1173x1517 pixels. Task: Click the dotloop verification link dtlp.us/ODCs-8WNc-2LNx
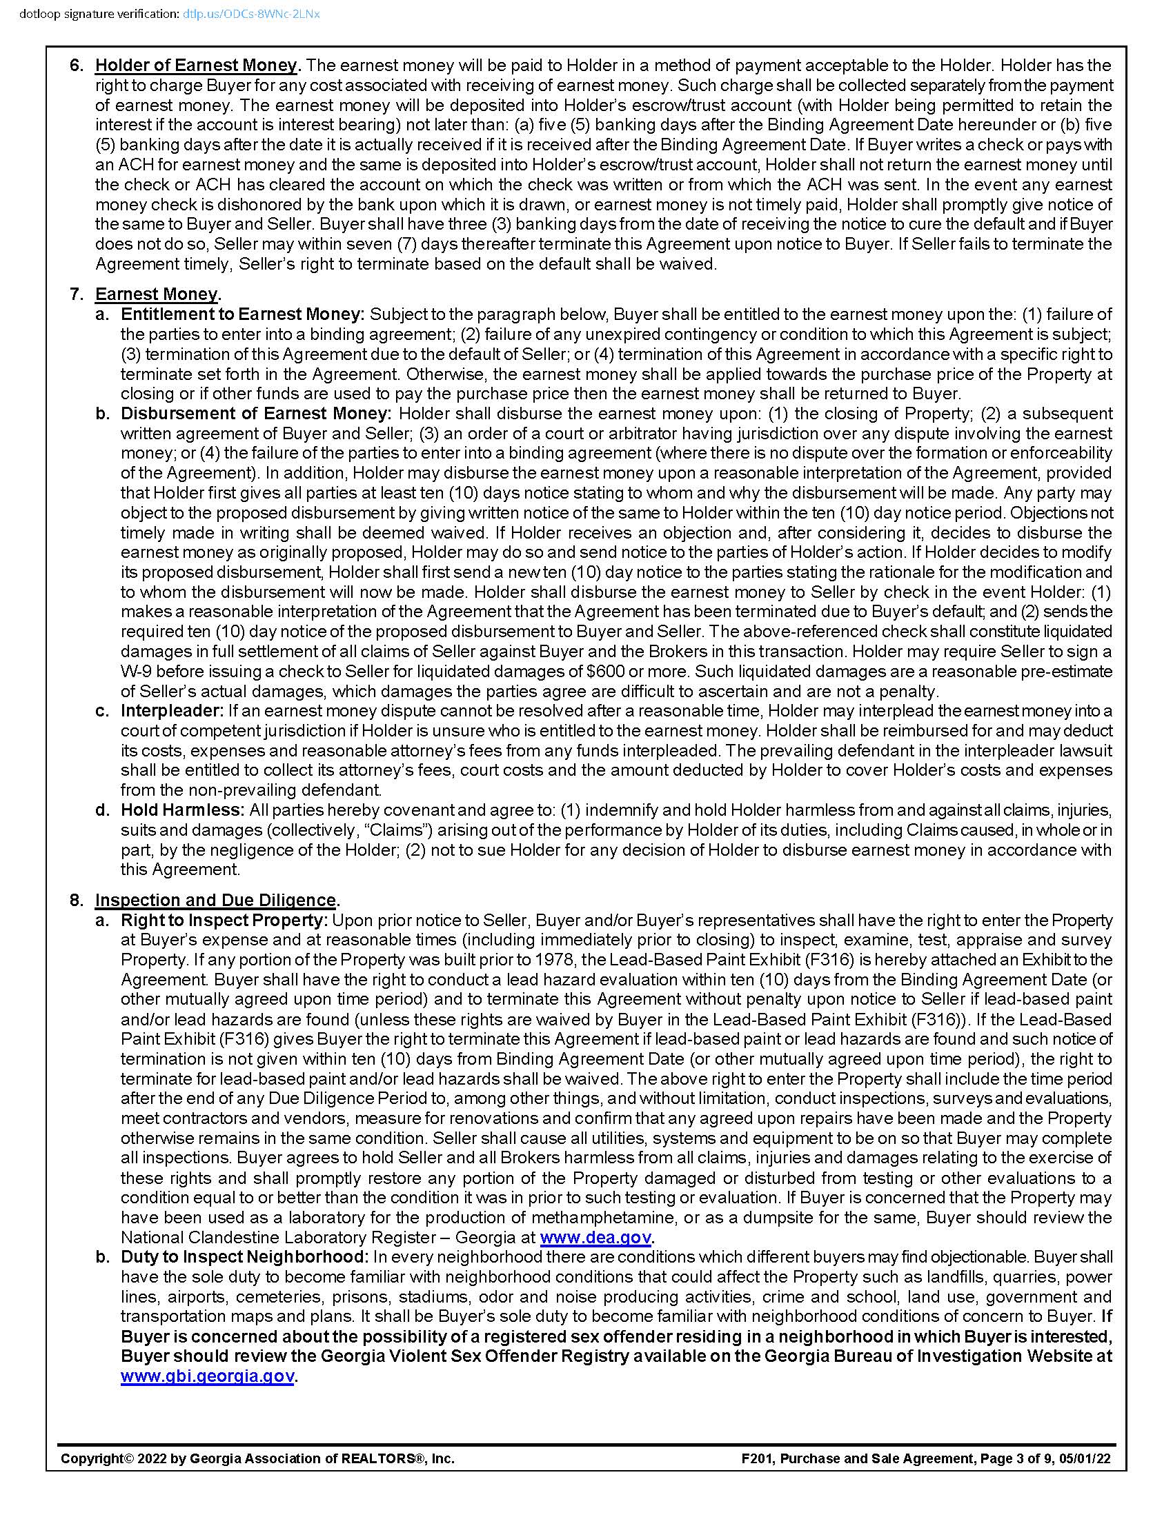[251, 14]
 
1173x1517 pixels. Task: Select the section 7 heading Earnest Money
[157, 294]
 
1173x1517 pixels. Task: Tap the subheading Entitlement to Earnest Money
[242, 314]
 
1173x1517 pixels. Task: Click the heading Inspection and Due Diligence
[216, 900]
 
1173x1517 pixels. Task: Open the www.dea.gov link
[595, 1237]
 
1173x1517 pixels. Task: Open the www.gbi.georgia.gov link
[207, 1376]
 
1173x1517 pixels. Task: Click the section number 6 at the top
[76, 66]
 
